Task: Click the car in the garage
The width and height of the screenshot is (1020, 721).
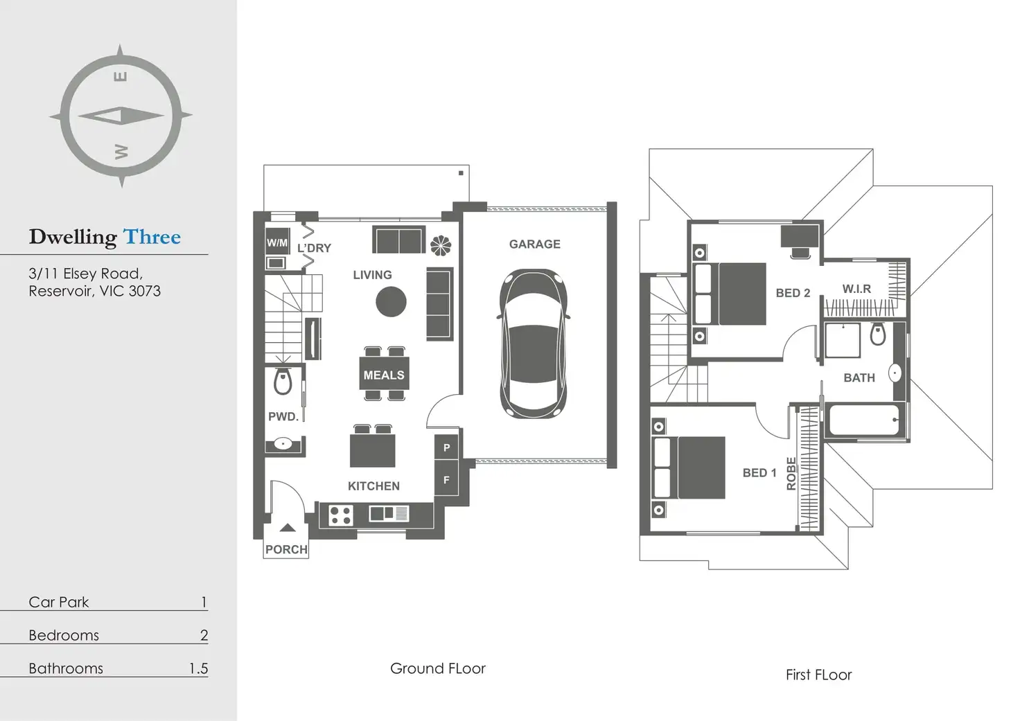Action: (x=534, y=344)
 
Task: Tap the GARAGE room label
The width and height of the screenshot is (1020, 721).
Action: (x=534, y=244)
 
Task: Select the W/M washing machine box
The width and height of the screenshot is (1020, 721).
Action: (x=277, y=242)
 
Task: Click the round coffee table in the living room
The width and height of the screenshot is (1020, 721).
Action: (x=391, y=302)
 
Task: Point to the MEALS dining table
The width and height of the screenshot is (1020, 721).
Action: (x=384, y=375)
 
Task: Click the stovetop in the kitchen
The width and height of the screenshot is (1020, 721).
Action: (x=341, y=515)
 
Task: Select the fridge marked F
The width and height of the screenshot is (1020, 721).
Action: (x=446, y=479)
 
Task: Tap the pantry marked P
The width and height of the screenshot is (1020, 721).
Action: (x=446, y=447)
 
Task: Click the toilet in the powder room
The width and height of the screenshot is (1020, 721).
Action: (x=283, y=382)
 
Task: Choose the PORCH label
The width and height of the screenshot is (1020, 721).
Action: (x=286, y=549)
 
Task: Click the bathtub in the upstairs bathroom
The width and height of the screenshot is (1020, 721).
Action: (x=864, y=420)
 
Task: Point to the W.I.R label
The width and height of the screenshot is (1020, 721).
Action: (x=856, y=289)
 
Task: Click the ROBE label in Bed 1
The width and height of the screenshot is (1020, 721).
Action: (x=791, y=474)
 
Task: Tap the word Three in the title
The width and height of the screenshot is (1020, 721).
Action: (x=152, y=237)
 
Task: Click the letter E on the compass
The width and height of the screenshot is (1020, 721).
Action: (x=120, y=76)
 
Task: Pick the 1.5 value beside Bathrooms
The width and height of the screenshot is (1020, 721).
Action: (x=198, y=668)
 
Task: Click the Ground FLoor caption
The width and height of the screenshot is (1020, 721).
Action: (x=437, y=668)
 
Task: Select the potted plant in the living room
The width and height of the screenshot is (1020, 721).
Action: (x=441, y=245)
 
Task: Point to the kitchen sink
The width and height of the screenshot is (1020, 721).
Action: (x=389, y=513)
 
